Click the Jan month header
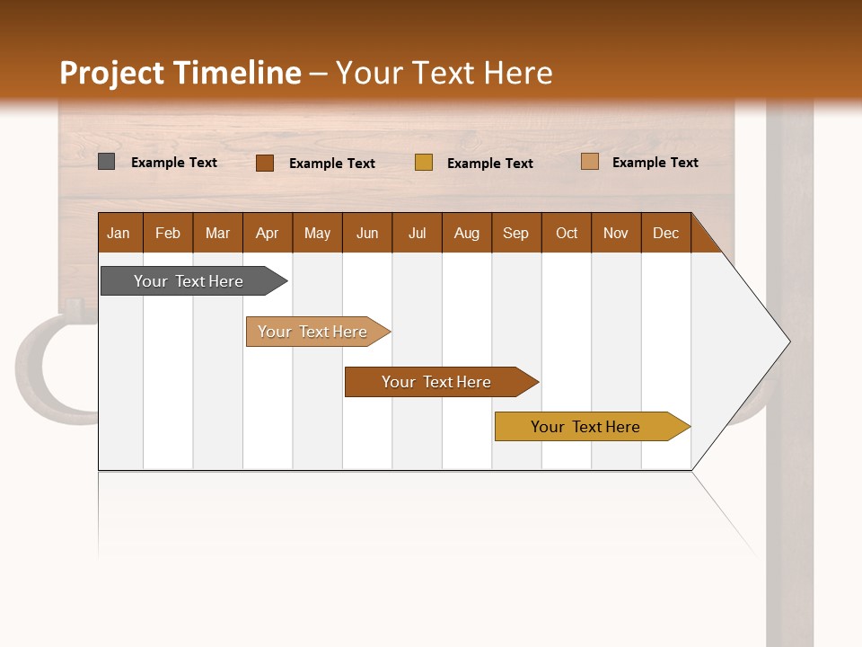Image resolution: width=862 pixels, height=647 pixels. coord(119,233)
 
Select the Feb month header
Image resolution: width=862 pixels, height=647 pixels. coord(168,233)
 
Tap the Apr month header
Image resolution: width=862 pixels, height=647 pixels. coord(268,233)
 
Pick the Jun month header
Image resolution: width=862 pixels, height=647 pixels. coord(367,233)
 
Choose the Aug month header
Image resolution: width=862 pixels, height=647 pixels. coord(467,233)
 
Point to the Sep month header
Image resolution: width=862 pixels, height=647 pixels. coord(516,233)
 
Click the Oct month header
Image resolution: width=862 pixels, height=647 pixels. coord(567,233)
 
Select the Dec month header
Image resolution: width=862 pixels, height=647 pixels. coord(666,233)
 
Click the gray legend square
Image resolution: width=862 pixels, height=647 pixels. coord(107,162)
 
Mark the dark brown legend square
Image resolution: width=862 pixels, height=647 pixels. coord(265,163)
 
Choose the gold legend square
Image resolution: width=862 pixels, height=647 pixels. coord(424,163)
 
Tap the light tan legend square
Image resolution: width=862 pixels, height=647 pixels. coord(590,162)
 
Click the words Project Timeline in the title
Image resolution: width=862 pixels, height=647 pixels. coord(180,73)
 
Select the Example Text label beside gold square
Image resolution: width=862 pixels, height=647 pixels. coord(490,163)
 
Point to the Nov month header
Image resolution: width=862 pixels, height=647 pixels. coord(616,233)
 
